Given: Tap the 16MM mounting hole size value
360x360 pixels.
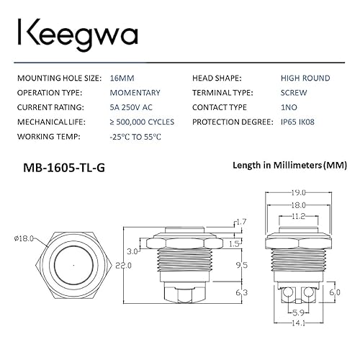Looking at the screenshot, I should [120, 78].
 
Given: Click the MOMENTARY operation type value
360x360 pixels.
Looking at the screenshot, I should [135, 92].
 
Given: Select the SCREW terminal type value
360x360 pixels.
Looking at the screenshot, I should [294, 92].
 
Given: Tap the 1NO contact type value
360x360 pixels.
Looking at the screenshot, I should [289, 107].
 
